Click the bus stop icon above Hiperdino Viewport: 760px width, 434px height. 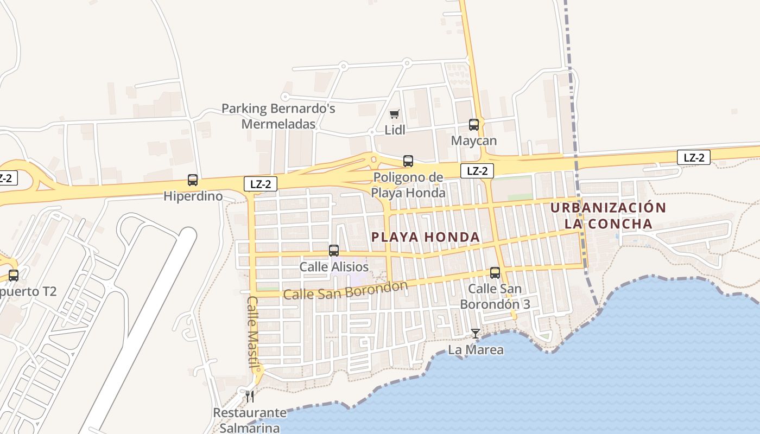click(x=193, y=180)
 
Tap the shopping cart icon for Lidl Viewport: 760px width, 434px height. click(x=395, y=114)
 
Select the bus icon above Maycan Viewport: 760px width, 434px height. click(x=474, y=125)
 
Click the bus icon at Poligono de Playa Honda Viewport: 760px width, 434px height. click(x=408, y=161)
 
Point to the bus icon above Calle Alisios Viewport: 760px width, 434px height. click(x=334, y=251)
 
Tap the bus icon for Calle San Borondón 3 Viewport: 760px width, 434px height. click(x=495, y=273)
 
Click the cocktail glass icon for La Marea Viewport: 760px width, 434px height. click(x=476, y=334)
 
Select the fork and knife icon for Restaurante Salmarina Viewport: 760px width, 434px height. click(x=250, y=397)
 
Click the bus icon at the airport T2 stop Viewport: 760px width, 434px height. click(x=14, y=276)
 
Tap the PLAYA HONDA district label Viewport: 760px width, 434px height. click(x=426, y=237)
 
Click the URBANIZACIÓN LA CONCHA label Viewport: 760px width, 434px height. click(x=608, y=215)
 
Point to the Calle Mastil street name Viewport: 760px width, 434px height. click(x=252, y=331)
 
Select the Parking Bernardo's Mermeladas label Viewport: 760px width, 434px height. click(x=278, y=116)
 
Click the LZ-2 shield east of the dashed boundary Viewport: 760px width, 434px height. click(x=694, y=158)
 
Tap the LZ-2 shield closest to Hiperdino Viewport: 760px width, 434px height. click(x=261, y=184)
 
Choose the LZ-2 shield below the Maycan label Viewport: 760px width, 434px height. click(x=477, y=171)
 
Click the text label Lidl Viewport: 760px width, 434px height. click(x=395, y=131)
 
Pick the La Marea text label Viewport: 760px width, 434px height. click(x=476, y=350)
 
